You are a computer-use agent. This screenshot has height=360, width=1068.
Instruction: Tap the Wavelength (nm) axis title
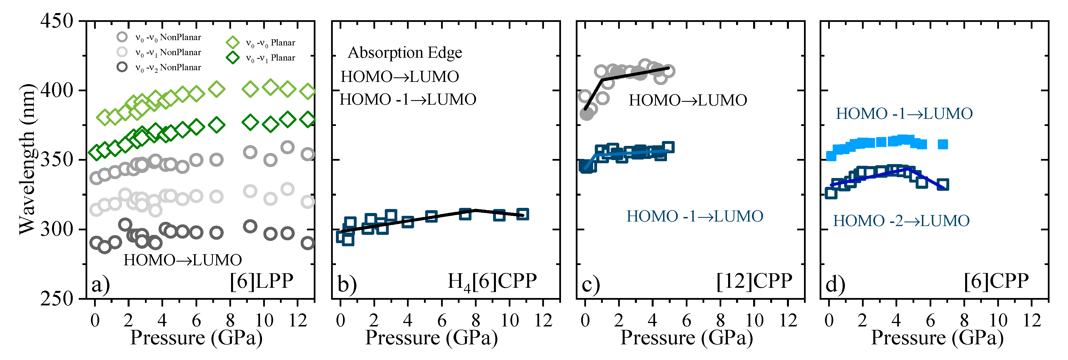(x=27, y=160)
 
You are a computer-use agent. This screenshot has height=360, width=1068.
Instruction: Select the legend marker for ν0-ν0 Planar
(x=232, y=42)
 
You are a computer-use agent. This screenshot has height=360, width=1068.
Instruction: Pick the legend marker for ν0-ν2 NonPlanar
(x=122, y=67)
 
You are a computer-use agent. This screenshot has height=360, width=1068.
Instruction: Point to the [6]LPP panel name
(x=262, y=281)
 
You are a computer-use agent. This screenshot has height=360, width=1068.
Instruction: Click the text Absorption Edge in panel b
(x=405, y=53)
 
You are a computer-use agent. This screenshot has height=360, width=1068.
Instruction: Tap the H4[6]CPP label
(x=492, y=282)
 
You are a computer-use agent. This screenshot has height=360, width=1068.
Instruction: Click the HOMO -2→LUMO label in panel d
(x=901, y=221)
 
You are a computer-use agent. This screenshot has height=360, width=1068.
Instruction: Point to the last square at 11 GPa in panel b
(x=523, y=214)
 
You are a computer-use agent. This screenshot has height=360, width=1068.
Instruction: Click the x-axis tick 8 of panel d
(x=964, y=320)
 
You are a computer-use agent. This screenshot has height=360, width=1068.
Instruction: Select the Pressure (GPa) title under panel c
(x=687, y=338)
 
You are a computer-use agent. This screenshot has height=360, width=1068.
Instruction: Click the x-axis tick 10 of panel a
(x=264, y=320)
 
